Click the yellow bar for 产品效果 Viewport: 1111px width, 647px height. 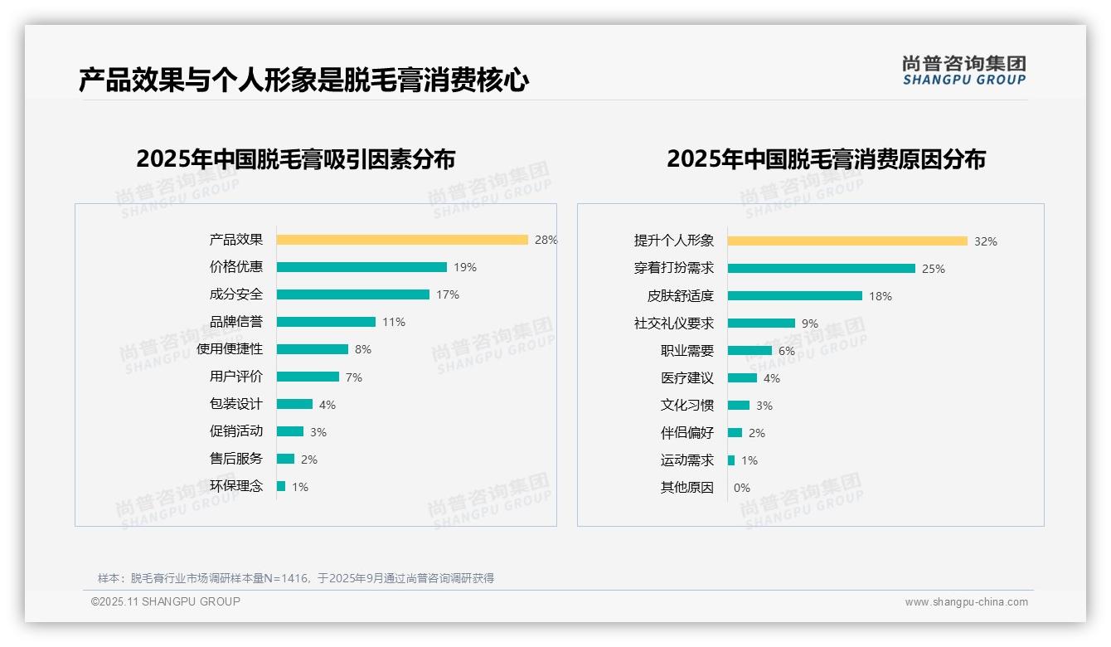coord(402,240)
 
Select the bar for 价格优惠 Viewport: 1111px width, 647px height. coord(361,267)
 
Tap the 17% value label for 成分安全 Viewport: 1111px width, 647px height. coord(448,294)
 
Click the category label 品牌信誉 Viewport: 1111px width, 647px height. coord(236,322)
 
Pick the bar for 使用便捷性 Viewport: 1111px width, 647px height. coord(313,349)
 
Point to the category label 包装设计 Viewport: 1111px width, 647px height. coord(236,404)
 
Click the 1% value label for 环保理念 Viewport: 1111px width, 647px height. coord(299,487)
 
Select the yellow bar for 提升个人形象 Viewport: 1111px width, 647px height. coord(847,241)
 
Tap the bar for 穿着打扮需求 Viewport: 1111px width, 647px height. coord(822,269)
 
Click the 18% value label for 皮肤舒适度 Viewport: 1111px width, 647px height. coord(881,296)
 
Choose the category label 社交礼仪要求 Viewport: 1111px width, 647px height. coord(674,323)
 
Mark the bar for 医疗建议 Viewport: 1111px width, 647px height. coord(742,378)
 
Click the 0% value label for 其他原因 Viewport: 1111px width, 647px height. coord(742,488)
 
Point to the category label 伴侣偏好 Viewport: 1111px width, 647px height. coord(687,433)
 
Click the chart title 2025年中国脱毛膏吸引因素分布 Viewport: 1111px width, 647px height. coord(296,159)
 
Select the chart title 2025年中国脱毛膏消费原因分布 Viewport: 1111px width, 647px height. coord(826,159)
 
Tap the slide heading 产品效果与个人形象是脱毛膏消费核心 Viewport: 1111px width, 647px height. coord(303,80)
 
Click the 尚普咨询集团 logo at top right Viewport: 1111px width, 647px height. coord(964,71)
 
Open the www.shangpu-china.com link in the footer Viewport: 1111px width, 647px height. coord(966,602)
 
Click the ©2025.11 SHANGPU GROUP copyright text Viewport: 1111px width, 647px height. coord(166,601)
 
